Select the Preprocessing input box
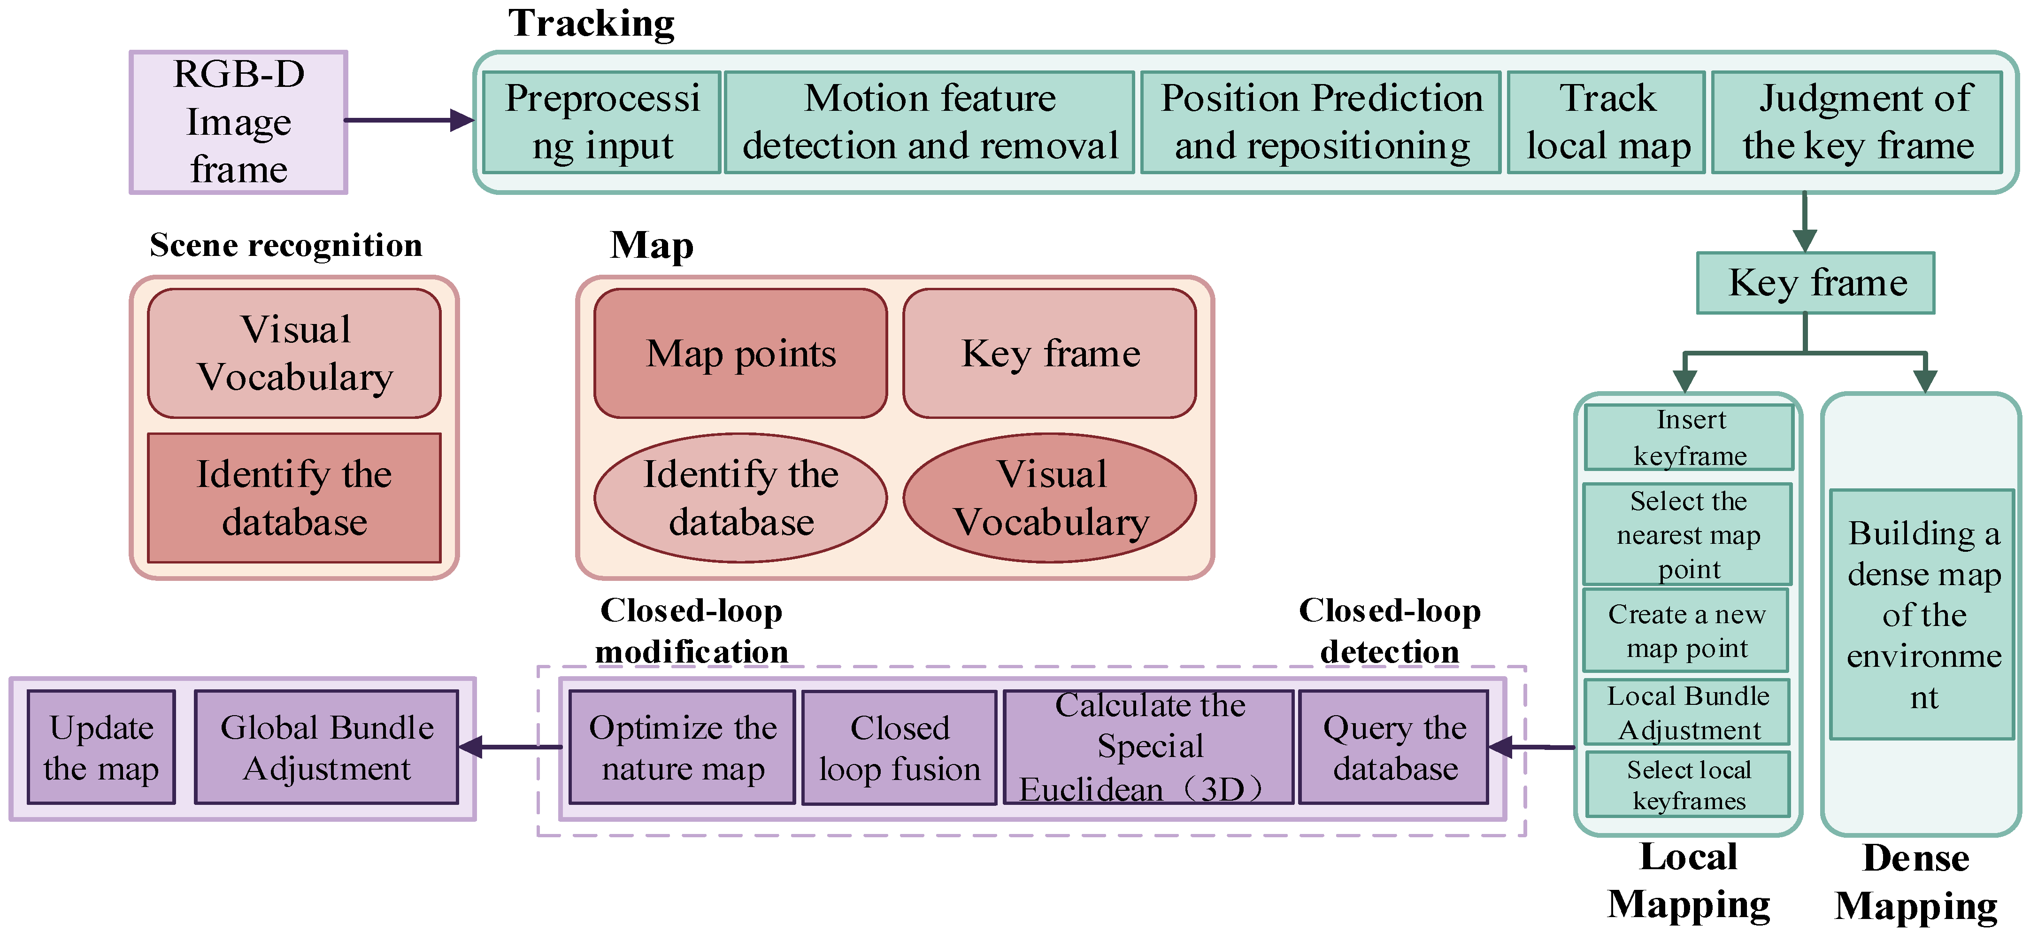tap(602, 122)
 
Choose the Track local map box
tap(1607, 122)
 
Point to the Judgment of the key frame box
tap(1857, 122)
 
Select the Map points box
tap(741, 353)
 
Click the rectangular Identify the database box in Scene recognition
tap(294, 498)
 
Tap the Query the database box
tap(1394, 747)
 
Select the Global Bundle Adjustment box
tap(326, 747)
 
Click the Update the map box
tap(102, 747)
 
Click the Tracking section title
tap(591, 23)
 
